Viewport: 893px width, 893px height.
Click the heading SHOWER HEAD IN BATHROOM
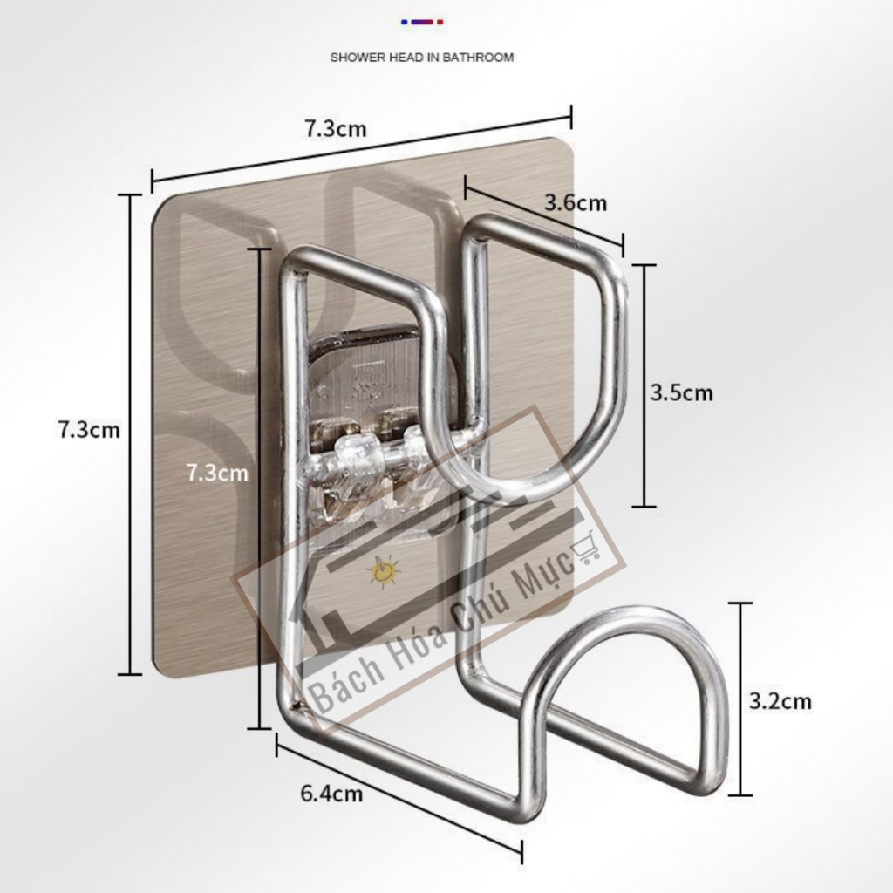[422, 58]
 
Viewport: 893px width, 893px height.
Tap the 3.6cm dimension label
[576, 202]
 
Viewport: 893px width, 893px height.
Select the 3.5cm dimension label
[682, 392]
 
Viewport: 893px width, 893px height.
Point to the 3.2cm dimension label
[780, 700]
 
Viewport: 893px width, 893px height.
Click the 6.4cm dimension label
[331, 793]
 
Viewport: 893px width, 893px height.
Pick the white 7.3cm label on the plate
[217, 473]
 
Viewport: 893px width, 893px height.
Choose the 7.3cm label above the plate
[336, 129]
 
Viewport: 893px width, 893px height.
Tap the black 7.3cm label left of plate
[90, 429]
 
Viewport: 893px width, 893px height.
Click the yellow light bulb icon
[385, 570]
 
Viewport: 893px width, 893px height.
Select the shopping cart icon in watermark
[586, 548]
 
